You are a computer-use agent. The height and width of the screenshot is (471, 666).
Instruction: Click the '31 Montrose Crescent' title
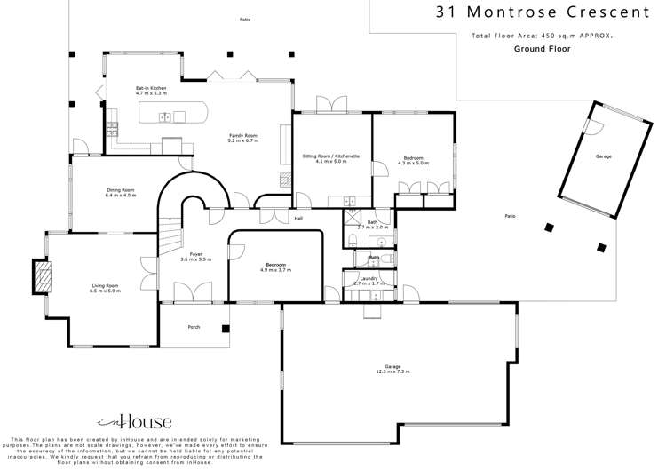[x=543, y=12]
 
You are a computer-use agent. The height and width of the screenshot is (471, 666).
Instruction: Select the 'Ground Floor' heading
[x=541, y=49]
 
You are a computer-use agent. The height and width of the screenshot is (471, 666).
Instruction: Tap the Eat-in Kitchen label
[x=151, y=89]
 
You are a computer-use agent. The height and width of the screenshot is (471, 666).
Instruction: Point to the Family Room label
[x=242, y=137]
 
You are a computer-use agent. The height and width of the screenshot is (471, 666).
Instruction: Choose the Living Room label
[x=105, y=287]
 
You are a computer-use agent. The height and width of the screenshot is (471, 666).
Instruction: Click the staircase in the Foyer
[x=169, y=238]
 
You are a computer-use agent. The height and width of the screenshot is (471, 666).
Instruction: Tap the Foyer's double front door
[x=192, y=291]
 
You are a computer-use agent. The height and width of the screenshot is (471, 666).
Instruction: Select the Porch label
[x=194, y=327]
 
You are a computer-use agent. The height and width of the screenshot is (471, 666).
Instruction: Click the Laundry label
[x=369, y=278]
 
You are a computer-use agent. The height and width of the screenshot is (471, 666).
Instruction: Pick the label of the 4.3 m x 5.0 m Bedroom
[x=413, y=157]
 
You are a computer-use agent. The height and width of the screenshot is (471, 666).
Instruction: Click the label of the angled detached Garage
[x=603, y=156]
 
